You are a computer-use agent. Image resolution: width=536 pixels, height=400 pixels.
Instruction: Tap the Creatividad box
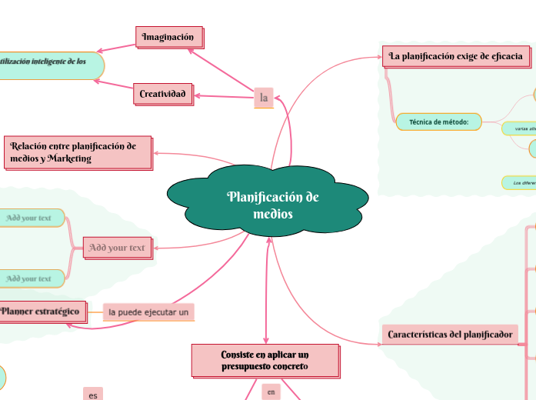click(162, 94)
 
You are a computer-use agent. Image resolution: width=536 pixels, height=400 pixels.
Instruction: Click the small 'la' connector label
click(264, 97)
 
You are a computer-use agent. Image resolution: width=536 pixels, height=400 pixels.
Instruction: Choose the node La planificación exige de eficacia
click(456, 55)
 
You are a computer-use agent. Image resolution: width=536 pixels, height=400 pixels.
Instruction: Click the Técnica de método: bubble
click(439, 122)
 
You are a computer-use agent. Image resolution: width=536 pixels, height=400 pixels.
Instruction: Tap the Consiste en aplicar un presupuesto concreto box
click(265, 360)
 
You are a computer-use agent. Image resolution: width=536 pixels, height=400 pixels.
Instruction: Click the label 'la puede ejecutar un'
click(148, 312)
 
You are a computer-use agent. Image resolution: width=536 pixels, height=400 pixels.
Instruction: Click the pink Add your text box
click(117, 248)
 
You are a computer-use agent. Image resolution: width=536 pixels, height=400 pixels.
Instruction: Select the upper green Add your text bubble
click(30, 218)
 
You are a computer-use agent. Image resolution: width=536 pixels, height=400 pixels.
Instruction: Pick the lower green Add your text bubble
click(30, 278)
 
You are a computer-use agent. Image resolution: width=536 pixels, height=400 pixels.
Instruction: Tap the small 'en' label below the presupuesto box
click(271, 392)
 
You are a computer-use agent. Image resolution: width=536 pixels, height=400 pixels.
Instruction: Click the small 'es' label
click(93, 395)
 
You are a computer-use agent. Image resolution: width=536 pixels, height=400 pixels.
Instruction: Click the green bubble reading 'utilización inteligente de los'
click(46, 62)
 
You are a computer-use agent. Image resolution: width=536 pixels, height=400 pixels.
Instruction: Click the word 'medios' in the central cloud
click(273, 214)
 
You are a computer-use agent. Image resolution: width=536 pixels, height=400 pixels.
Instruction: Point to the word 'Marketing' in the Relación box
click(69, 158)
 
